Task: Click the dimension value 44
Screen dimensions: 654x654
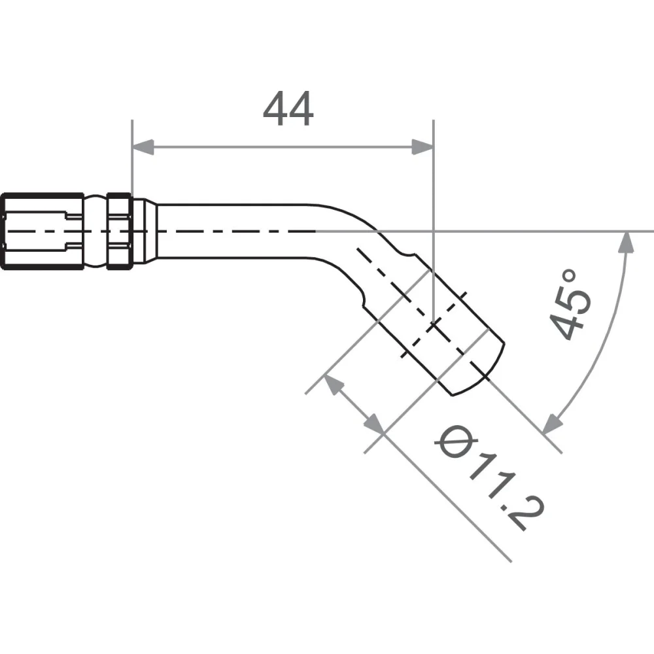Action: tap(288, 109)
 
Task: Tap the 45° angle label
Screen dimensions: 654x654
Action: tap(570, 305)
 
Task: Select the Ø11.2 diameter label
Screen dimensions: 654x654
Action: tap(489, 477)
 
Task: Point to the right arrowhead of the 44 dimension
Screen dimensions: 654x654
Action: tap(422, 146)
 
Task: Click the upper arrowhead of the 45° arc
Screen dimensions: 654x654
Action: tap(626, 243)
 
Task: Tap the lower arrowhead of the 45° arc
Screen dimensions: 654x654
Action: tap(552, 423)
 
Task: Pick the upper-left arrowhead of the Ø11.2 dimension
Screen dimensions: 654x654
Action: tap(334, 384)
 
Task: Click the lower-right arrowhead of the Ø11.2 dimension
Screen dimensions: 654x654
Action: tap(373, 423)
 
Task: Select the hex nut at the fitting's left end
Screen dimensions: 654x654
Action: tap(42, 231)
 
